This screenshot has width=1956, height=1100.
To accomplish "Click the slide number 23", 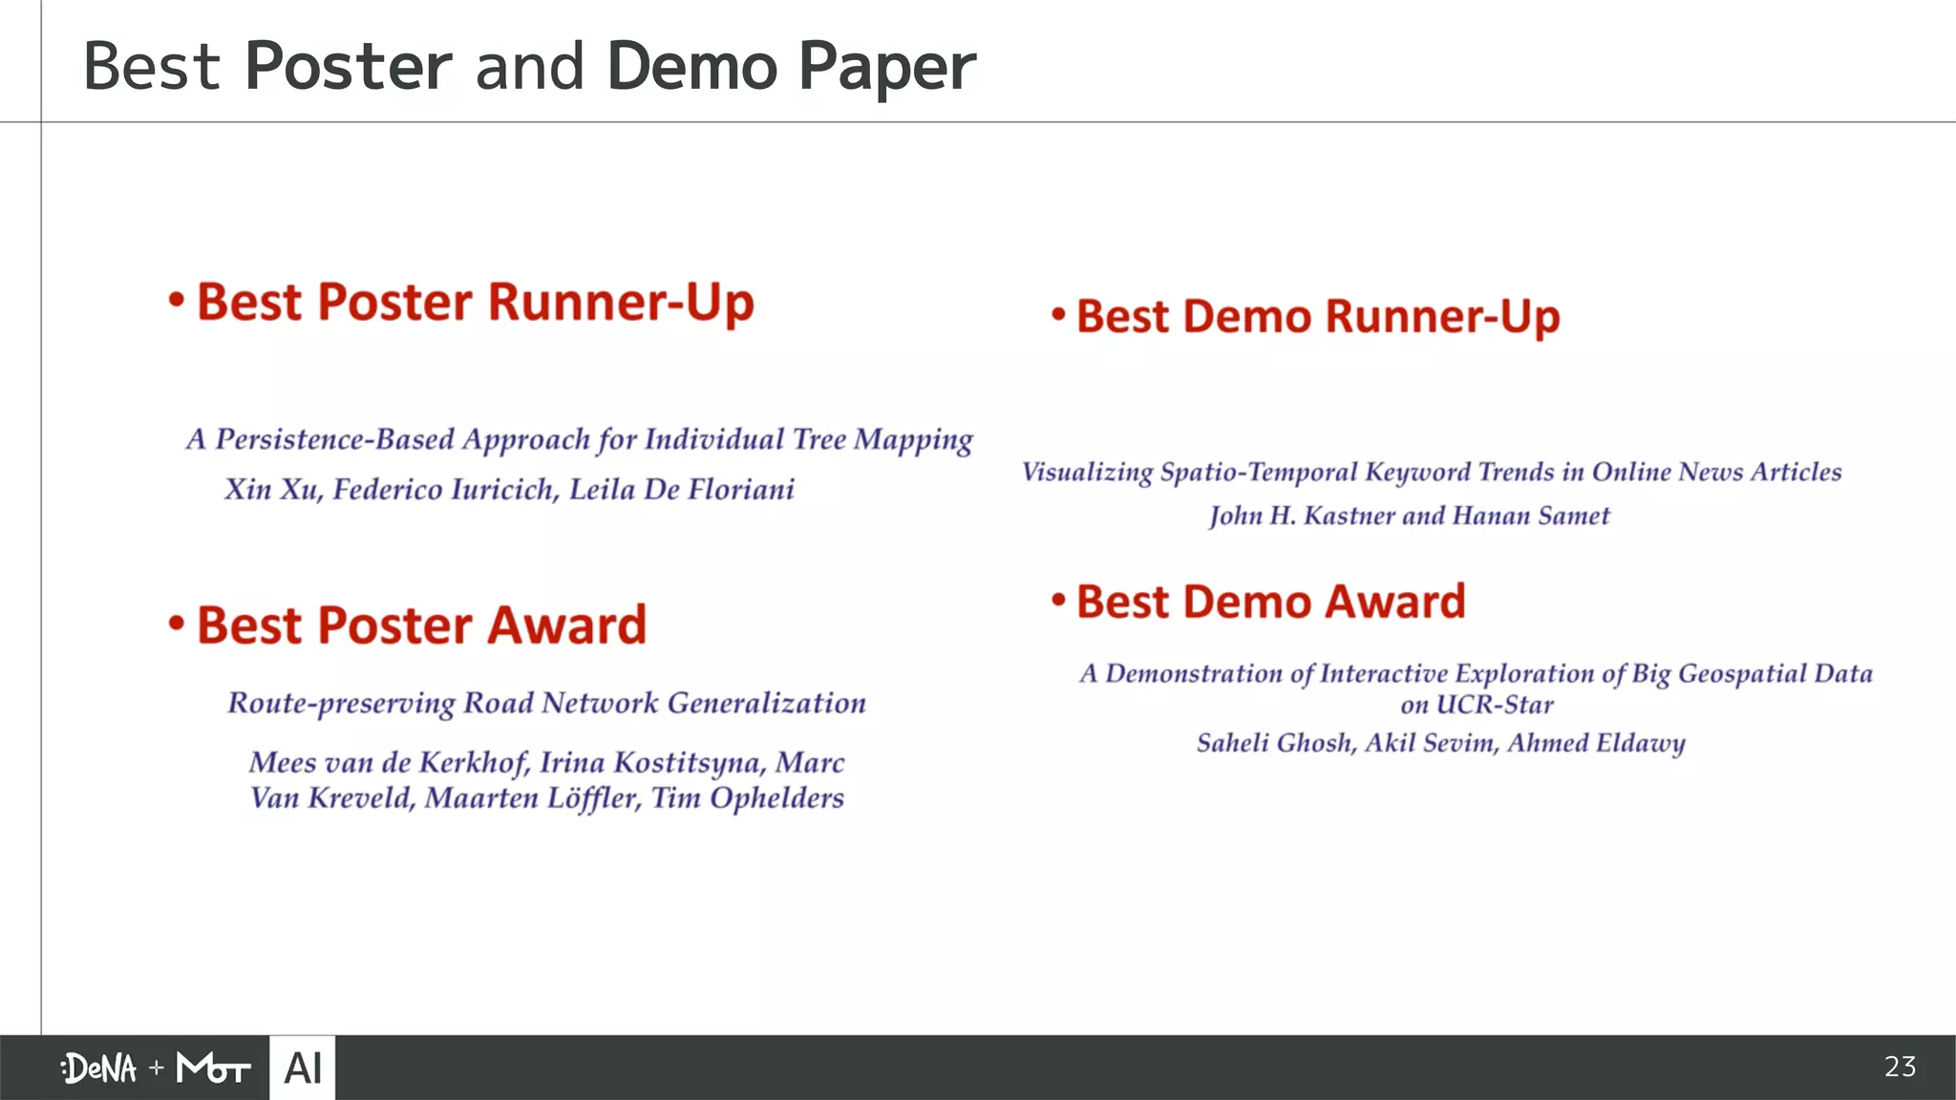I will [1900, 1067].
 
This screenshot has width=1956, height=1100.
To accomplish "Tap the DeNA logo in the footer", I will [99, 1068].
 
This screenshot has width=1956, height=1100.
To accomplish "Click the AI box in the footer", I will [303, 1068].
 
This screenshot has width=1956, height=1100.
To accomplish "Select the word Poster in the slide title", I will [348, 67].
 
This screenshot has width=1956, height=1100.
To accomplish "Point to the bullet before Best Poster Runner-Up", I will [176, 301].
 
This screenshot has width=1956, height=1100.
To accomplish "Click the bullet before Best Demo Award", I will [1058, 601].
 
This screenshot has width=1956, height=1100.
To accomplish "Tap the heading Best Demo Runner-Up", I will [1318, 317].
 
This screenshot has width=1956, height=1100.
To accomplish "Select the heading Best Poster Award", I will [421, 625].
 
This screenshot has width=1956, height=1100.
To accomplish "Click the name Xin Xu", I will [273, 490].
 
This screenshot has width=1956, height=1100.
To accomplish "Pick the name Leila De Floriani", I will [682, 490].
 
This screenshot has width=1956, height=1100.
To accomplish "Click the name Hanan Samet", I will [1530, 517].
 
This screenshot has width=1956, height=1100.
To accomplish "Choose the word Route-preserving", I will [341, 704].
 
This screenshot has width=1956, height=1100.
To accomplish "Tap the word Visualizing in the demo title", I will [1087, 473].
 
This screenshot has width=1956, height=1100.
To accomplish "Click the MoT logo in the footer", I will [213, 1068].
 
